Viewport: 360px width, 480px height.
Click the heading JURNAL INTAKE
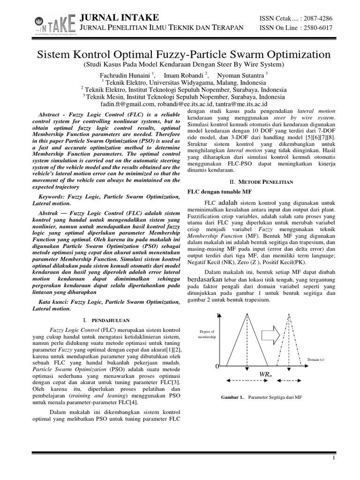pyautogui.click(x=120, y=18)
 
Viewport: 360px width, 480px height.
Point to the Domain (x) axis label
pyautogui.click(x=315, y=360)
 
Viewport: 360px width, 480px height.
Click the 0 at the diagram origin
pyautogui.click(x=217, y=366)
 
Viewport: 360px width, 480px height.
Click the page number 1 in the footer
pyautogui.click(x=332, y=458)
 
